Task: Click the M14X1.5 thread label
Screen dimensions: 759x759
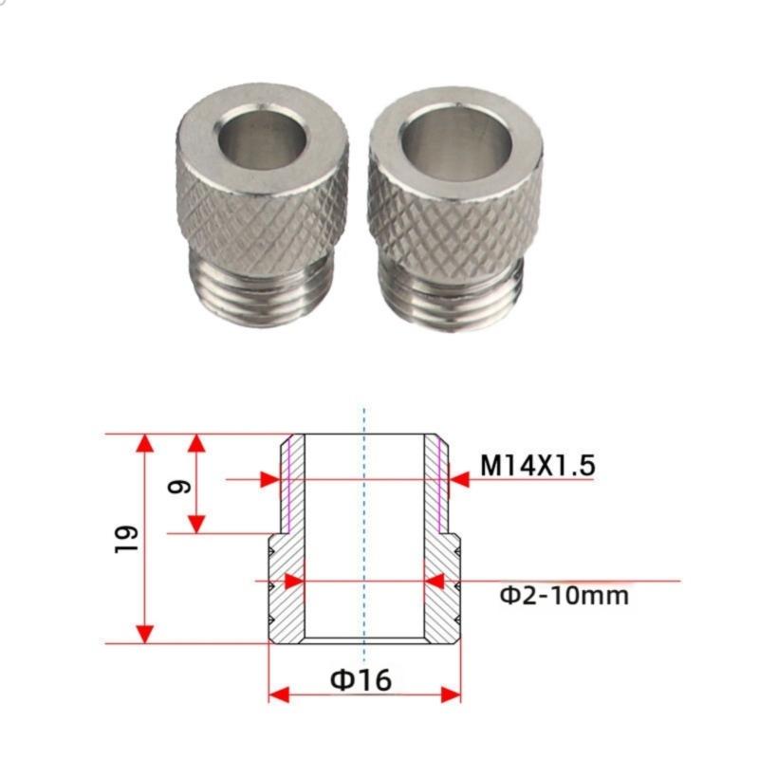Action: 536,466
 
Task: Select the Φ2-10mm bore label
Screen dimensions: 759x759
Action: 564,596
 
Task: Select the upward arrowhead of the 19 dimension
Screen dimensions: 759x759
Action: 144,443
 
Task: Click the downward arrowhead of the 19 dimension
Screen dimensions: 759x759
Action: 144,634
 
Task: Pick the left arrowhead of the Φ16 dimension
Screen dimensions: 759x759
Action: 278,695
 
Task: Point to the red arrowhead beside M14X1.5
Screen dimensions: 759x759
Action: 460,480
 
